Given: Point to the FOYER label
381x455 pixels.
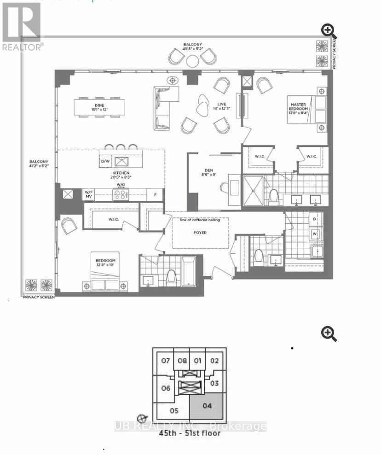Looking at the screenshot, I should click(x=200, y=233).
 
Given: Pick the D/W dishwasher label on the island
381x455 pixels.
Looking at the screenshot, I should click(x=105, y=161).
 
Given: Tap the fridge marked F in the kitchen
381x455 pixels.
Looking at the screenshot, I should click(x=156, y=194).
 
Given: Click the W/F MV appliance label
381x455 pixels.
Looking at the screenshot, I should click(x=89, y=194).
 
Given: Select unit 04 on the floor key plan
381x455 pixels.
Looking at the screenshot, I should click(x=207, y=406).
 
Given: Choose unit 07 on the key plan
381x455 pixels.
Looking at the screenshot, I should click(x=166, y=361).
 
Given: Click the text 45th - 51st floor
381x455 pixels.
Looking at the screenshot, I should click(x=190, y=433).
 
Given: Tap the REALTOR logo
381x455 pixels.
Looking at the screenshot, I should click(x=22, y=25).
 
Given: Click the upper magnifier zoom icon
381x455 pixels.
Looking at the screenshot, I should click(x=329, y=32).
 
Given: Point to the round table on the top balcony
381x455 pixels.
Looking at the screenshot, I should click(x=192, y=61).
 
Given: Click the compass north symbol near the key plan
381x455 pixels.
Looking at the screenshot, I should click(x=143, y=418).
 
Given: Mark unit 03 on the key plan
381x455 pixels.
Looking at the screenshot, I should click(x=214, y=383).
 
